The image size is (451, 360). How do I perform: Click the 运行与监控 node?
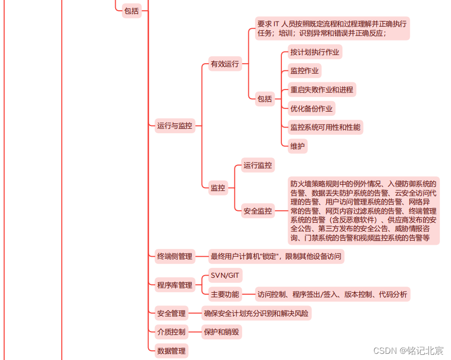[x=175, y=125]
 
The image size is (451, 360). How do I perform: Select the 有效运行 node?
[x=225, y=64]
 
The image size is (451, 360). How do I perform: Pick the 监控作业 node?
[x=304, y=71]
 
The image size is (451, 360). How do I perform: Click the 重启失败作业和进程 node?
[x=321, y=89]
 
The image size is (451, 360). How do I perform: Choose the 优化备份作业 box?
[x=311, y=109]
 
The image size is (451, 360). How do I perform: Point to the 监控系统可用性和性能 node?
[x=325, y=127]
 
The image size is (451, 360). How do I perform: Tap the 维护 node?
[x=297, y=146]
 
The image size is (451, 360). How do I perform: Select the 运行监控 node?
[x=258, y=165]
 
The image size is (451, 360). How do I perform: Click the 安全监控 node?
[x=258, y=211]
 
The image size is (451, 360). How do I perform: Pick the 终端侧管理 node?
[x=175, y=256]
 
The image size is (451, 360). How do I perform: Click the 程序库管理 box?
[x=175, y=285]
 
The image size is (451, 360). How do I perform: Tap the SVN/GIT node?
[x=225, y=276]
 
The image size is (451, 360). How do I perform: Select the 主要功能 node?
[x=225, y=295]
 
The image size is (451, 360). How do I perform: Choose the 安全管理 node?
[x=171, y=313]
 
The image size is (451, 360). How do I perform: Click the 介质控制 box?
[x=171, y=332]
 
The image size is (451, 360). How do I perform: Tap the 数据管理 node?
[x=171, y=351]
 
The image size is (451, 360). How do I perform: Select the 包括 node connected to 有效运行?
[x=264, y=99]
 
